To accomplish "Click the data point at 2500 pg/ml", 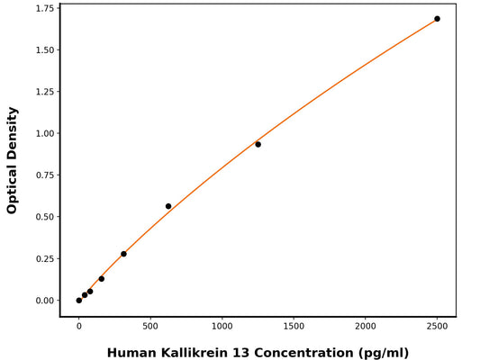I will click(x=437, y=19).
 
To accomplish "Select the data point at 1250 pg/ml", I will click(x=258, y=144).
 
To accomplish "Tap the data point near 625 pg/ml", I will click(x=168, y=206).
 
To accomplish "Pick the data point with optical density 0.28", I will click(x=123, y=254).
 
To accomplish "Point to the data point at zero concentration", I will click(x=79, y=300).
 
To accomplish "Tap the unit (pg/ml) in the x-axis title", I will click(x=383, y=352).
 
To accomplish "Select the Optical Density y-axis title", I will click(x=13, y=159).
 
